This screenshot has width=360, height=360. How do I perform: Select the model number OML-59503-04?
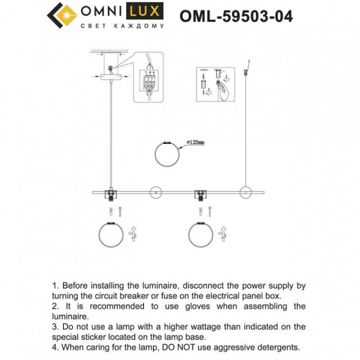pyautogui.click(x=242, y=15)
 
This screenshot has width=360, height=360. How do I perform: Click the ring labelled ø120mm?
pyautogui.click(x=166, y=152)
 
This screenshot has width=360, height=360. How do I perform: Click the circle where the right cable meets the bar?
pyautogui.click(x=243, y=190)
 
